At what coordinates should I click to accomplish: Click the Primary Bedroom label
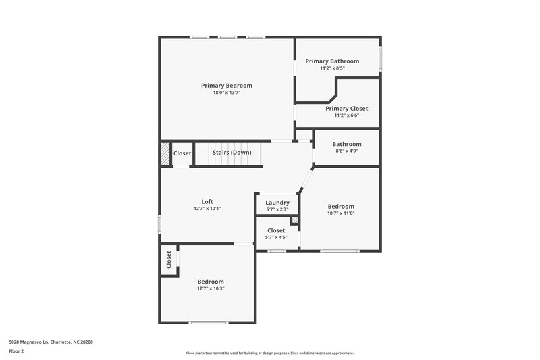227,86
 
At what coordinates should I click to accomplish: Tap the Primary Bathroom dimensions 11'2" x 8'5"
332,68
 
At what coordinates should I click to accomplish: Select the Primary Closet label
346,108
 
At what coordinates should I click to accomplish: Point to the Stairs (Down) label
232,153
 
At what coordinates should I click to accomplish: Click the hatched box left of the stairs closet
165,153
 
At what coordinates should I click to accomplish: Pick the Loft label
207,201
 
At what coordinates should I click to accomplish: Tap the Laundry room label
277,203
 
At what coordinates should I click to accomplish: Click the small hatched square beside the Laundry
294,220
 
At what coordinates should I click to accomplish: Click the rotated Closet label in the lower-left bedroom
169,259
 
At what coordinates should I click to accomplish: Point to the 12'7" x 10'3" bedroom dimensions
211,288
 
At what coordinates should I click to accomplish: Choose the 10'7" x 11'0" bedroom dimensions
341,213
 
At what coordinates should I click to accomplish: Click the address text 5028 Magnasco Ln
51,342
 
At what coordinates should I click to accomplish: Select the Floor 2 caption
17,351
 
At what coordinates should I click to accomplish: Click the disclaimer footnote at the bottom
269,353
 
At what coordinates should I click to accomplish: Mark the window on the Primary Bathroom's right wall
380,57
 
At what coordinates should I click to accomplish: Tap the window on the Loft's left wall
160,223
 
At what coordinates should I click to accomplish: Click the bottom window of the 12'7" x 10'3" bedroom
208,322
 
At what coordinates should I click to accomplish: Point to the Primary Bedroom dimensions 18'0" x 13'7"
227,93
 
